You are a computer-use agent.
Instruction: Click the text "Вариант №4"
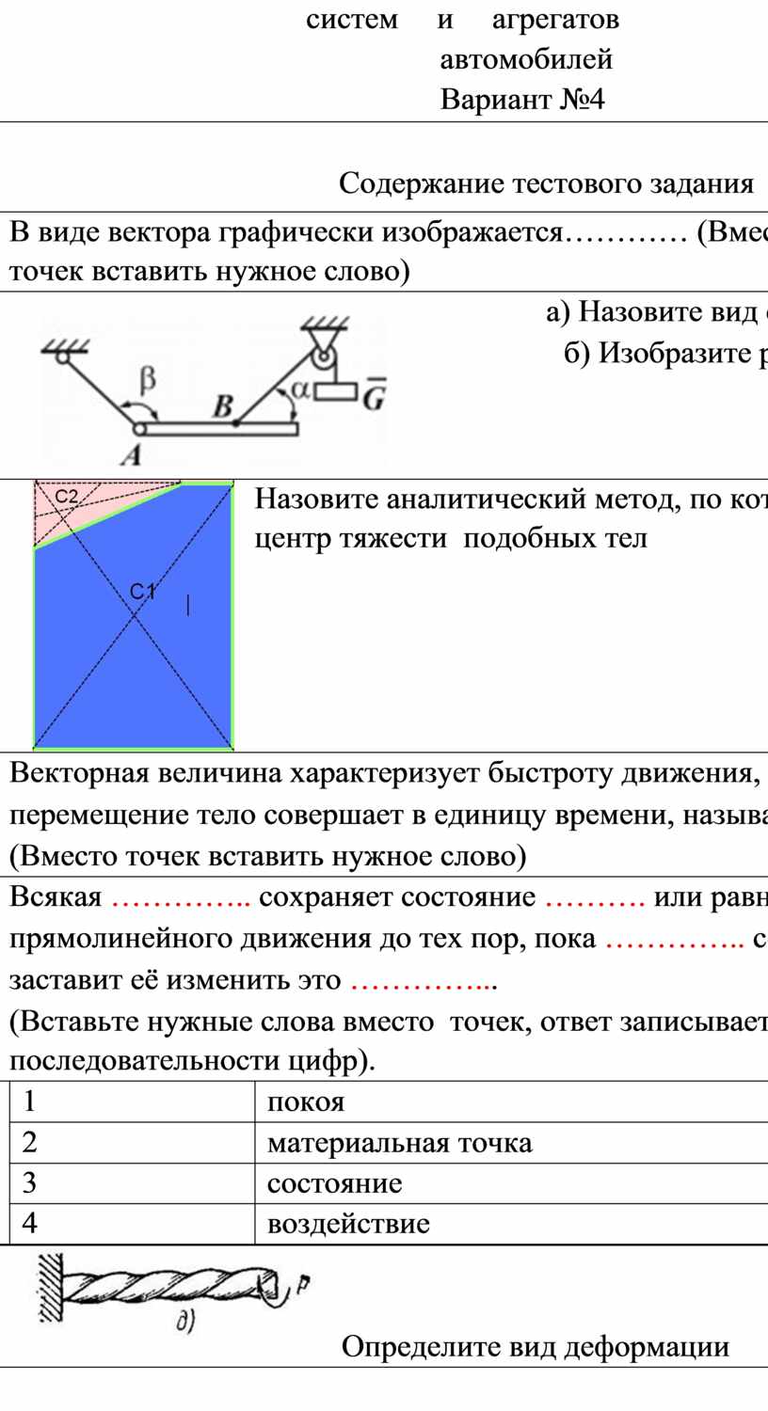(x=522, y=100)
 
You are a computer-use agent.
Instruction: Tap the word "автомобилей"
(x=526, y=60)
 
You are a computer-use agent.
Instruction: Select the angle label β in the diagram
(x=147, y=380)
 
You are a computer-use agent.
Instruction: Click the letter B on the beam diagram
(x=223, y=407)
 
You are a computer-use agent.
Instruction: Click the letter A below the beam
(x=131, y=453)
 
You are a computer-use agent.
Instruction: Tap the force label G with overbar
(x=374, y=394)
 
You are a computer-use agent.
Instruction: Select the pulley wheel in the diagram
(x=325, y=363)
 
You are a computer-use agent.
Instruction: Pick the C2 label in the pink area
(x=66, y=497)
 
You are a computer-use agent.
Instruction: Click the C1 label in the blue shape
(x=142, y=591)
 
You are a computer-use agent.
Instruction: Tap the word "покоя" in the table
(x=306, y=1102)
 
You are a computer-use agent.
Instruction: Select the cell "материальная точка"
(x=399, y=1143)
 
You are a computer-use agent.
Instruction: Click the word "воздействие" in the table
(x=348, y=1223)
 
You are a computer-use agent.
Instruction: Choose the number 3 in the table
(x=29, y=1183)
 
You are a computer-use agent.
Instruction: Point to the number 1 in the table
(x=29, y=1102)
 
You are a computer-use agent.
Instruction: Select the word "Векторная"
(x=74, y=773)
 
